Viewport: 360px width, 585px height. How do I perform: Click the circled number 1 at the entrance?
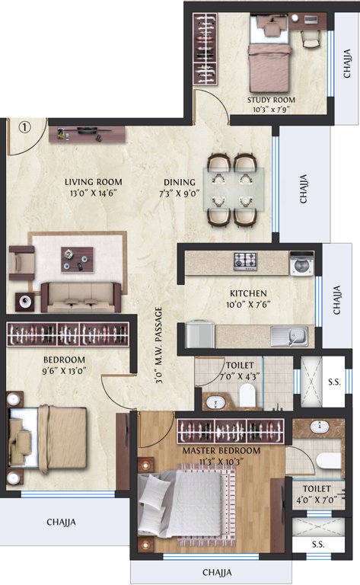point(24,128)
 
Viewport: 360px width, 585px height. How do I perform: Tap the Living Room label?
point(94,182)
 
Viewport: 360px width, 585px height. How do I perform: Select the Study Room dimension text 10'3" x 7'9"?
point(271,110)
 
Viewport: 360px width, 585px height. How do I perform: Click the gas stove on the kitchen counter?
point(245,261)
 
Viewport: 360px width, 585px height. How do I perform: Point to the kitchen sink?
point(289,337)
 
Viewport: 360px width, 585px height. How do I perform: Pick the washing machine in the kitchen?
point(302,264)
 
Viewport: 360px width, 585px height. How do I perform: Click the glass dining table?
point(234,190)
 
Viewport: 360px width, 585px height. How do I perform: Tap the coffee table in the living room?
point(78,260)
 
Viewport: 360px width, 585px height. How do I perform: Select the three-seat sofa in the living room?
point(81,297)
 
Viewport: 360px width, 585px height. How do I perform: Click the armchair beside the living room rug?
point(21,263)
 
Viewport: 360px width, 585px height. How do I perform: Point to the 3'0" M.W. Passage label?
point(159,346)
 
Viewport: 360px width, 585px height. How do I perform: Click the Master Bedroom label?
point(221,451)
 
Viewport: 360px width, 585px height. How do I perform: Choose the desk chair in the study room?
point(311,38)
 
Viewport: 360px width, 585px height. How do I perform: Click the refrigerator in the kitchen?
point(200,334)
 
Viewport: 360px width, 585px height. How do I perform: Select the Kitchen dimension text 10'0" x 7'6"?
point(248,305)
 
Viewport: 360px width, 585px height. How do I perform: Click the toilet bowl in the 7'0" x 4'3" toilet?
point(247,395)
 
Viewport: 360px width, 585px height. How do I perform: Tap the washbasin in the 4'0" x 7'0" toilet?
point(320,427)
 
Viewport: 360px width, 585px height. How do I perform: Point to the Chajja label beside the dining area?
point(304,189)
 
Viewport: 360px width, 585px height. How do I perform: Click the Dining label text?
point(180,183)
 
